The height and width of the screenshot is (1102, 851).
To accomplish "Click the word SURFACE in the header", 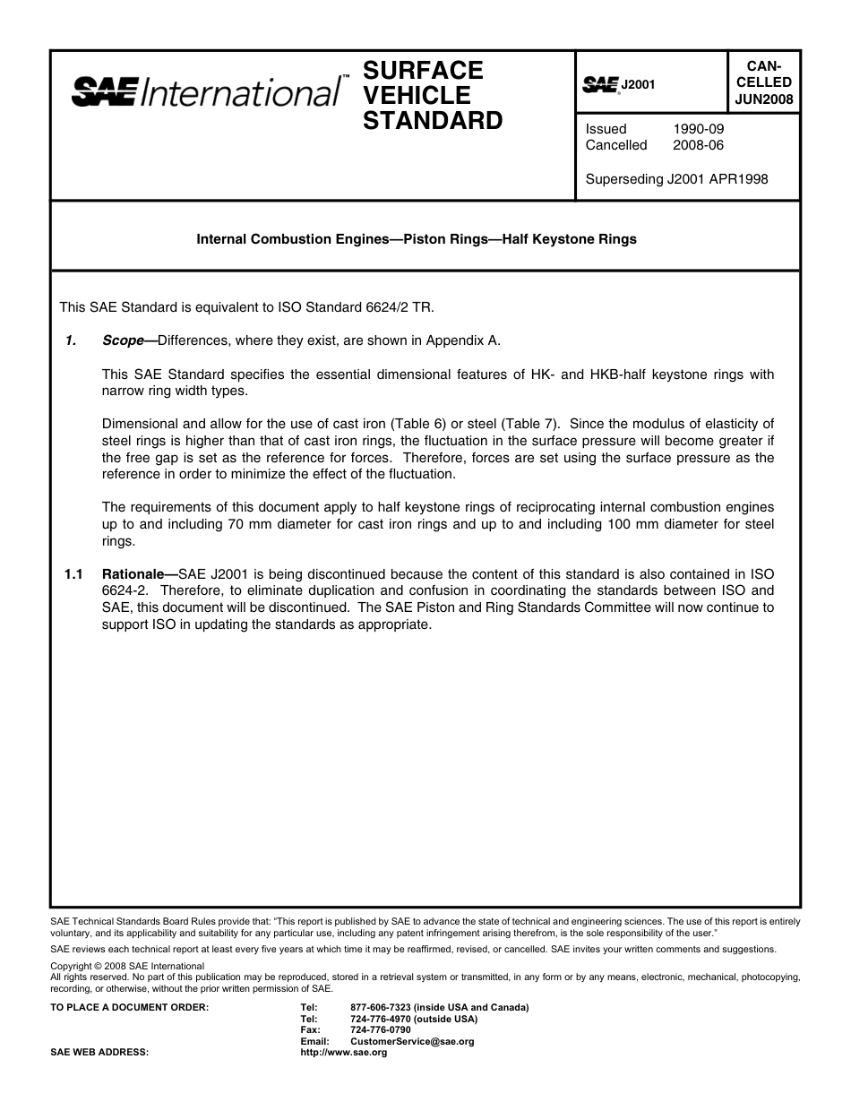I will (423, 70).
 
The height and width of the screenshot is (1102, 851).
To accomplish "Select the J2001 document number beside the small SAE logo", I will (639, 84).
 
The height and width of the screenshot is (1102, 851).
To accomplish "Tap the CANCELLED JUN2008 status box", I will (763, 82).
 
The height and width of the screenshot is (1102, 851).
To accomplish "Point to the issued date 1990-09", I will (698, 129).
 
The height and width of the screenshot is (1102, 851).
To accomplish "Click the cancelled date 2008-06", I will (698, 145).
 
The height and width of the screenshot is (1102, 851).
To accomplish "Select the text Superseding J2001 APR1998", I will (676, 179).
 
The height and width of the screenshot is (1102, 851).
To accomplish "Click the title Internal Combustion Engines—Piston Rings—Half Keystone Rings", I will (417, 239).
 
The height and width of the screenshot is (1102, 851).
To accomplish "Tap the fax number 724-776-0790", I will (381, 1030).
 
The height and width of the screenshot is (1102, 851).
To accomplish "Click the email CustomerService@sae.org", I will (412, 1042).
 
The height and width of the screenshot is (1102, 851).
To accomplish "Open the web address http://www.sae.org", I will (344, 1053).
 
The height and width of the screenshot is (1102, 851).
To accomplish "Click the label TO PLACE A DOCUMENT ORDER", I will (130, 1007).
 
